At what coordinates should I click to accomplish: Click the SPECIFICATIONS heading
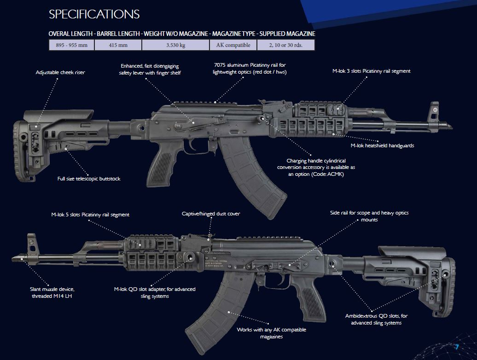[x=94, y=14]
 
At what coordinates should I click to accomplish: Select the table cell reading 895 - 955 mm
[x=71, y=45]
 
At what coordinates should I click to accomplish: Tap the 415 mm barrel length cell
[x=118, y=45]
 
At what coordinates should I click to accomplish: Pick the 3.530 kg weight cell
[x=175, y=45]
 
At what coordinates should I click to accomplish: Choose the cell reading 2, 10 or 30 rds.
[x=285, y=45]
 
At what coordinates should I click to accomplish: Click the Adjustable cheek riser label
[x=60, y=72]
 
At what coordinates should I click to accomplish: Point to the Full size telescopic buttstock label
[x=89, y=179]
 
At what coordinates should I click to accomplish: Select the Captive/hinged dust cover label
[x=211, y=214]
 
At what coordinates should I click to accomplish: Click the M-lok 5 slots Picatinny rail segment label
[x=90, y=215]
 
